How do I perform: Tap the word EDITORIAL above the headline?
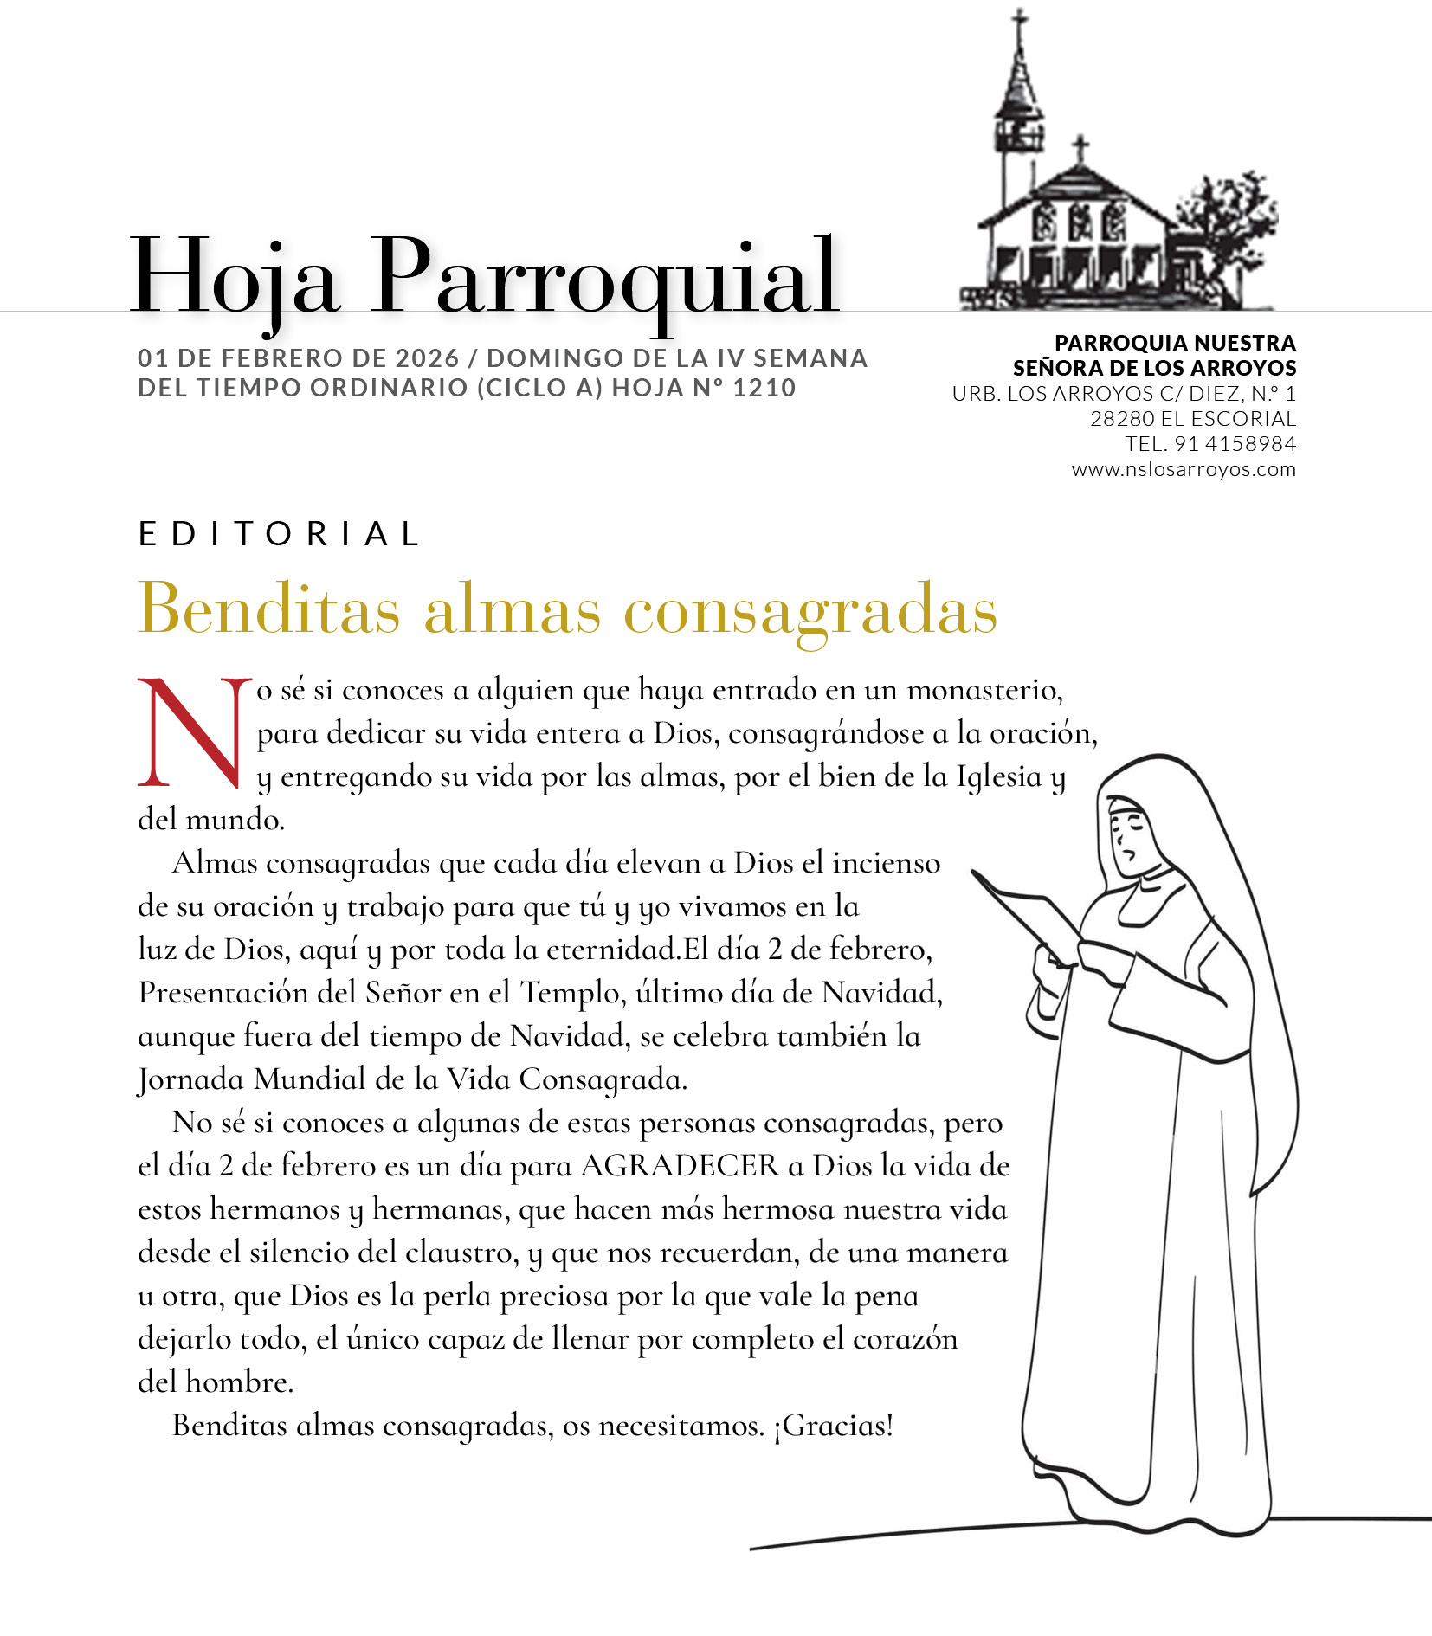[x=279, y=534]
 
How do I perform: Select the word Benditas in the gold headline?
[x=269, y=609]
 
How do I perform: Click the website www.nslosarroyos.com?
[x=1184, y=470]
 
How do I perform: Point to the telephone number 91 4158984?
[x=1235, y=444]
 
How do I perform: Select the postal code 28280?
[x=1121, y=419]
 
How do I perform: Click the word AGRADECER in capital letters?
[x=680, y=1166]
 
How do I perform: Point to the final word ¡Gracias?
[x=833, y=1426]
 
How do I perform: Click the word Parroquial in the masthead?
[x=606, y=277]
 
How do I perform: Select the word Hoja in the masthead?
[x=234, y=277]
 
